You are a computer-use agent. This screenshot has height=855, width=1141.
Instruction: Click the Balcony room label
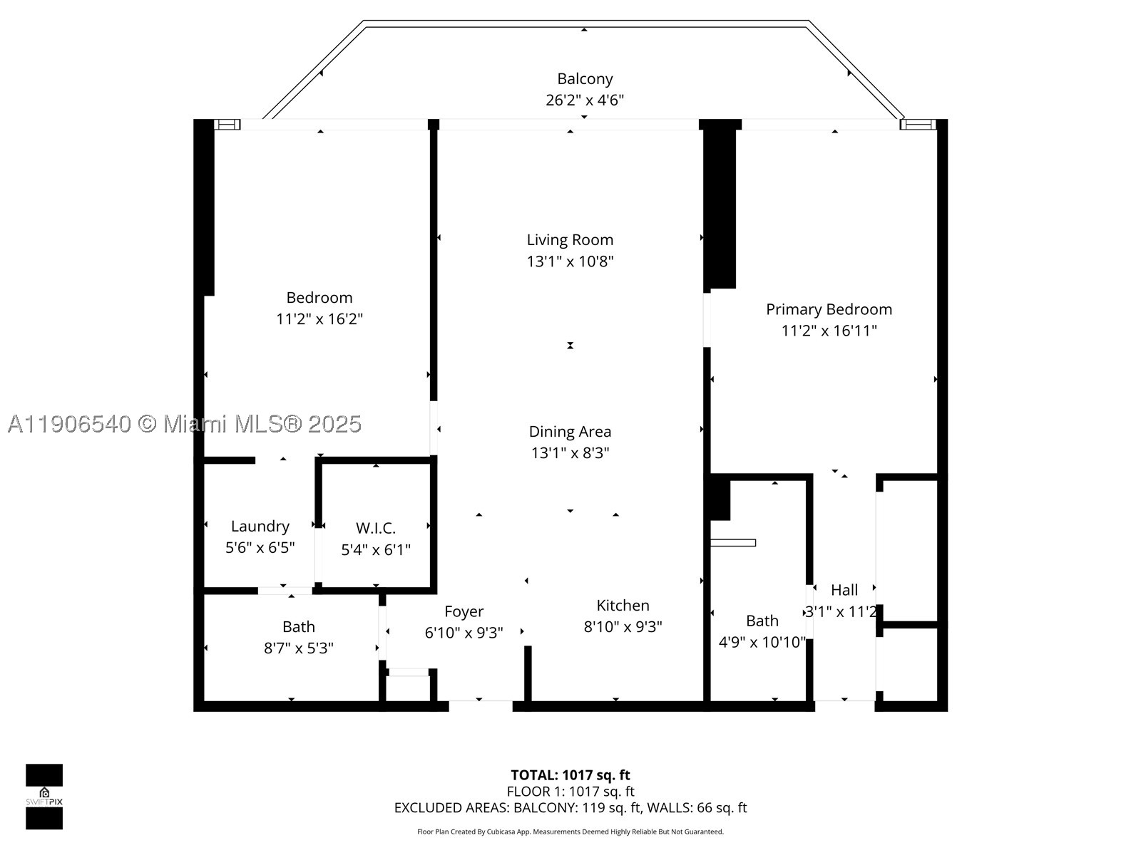click(x=585, y=79)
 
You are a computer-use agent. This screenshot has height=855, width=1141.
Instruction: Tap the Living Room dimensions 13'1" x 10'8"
click(x=570, y=261)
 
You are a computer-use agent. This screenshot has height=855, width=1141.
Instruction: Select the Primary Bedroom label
click(x=829, y=310)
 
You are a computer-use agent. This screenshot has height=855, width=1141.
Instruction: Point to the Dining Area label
click(x=570, y=432)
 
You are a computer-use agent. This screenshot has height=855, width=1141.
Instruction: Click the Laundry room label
click(x=260, y=527)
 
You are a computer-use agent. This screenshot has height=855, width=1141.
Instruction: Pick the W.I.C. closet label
click(x=376, y=529)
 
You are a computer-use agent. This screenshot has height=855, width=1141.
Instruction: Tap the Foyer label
click(x=464, y=612)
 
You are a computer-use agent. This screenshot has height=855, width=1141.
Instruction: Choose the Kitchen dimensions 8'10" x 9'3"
click(x=623, y=627)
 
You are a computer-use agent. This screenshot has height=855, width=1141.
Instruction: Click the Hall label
click(x=844, y=590)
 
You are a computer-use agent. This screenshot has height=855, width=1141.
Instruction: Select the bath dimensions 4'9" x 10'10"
click(x=762, y=643)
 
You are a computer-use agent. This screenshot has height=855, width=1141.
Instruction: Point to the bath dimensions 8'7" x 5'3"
click(x=298, y=648)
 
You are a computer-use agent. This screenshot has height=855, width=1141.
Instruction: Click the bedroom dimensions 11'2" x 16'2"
click(x=319, y=318)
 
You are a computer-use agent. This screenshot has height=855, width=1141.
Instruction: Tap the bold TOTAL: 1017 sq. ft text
click(x=570, y=775)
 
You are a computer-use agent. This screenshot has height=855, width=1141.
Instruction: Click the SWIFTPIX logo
click(x=44, y=797)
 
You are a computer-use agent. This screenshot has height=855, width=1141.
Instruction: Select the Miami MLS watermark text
click(x=185, y=424)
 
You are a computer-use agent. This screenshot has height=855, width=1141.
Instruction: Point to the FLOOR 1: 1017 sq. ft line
click(x=570, y=792)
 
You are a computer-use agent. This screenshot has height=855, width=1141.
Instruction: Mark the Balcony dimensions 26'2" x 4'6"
click(x=585, y=100)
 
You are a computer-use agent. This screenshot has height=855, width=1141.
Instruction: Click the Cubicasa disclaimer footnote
click(x=570, y=831)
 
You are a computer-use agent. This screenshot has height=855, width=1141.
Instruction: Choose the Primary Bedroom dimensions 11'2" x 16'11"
click(x=829, y=331)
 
